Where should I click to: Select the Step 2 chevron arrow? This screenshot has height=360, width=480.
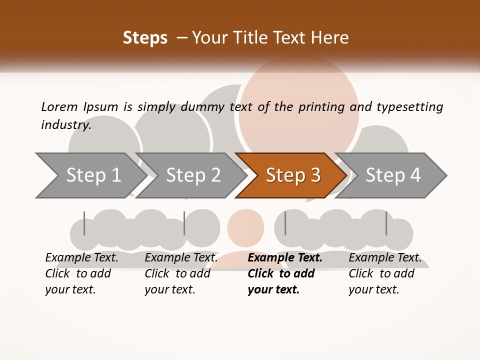(193, 175)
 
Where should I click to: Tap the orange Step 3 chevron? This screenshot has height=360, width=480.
(293, 175)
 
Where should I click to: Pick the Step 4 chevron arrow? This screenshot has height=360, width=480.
(393, 175)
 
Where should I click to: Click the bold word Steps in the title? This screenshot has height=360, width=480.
(145, 38)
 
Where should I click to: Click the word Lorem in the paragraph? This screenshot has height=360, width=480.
(59, 106)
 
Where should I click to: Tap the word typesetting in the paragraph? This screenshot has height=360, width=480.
(410, 106)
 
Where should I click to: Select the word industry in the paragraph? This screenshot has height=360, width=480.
(65, 124)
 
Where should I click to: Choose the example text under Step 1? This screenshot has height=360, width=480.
(80, 273)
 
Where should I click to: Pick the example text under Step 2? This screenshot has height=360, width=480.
(179, 273)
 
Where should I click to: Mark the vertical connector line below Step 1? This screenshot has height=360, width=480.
(84, 223)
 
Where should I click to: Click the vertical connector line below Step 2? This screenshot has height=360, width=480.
(184, 223)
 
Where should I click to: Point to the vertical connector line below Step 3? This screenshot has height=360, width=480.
(285, 223)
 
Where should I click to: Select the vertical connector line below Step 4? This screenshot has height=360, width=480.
(386, 223)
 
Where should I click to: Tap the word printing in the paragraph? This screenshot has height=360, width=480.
(321, 106)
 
